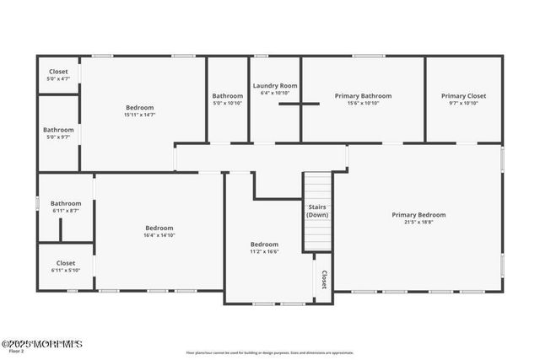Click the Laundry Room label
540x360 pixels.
click(275, 86)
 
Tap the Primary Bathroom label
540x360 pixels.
click(363, 96)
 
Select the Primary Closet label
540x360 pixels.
click(463, 96)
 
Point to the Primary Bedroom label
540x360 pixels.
click(418, 215)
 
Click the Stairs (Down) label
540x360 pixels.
click(317, 210)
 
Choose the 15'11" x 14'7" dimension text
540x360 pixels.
click(140, 115)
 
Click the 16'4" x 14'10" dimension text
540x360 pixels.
click(159, 235)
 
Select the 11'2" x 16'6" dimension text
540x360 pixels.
click(264, 251)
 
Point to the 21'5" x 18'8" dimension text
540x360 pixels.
click(418, 223)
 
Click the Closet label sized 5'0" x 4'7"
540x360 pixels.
click(58, 72)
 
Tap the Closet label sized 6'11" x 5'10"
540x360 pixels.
click(66, 263)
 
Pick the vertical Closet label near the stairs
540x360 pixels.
click(323, 279)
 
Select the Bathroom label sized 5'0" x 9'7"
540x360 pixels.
click(58, 130)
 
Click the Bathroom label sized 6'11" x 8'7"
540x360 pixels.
click(66, 203)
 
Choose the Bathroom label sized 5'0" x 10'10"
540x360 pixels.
click(227, 96)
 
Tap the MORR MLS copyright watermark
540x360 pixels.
click(41, 344)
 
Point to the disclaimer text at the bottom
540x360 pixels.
click(270, 352)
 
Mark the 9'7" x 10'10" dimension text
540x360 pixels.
click(463, 103)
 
